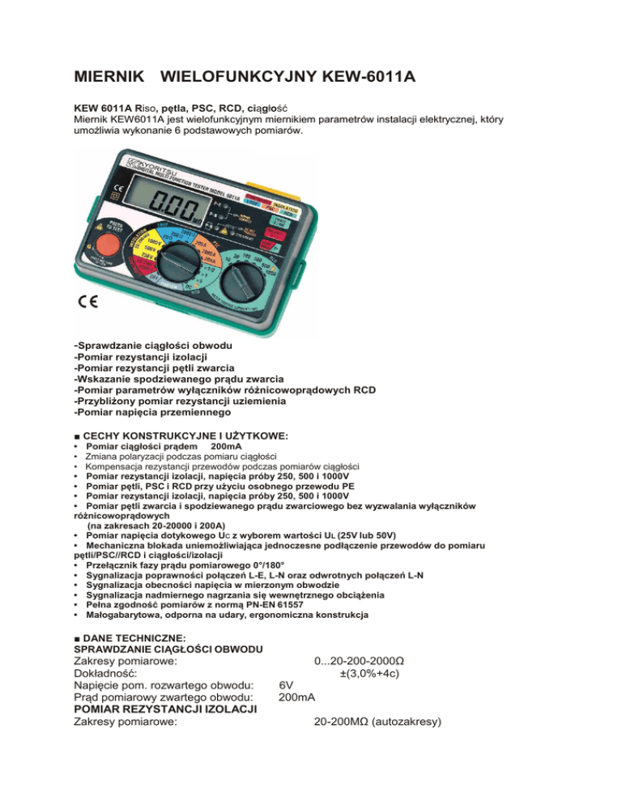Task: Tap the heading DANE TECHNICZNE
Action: [x=134, y=638]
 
